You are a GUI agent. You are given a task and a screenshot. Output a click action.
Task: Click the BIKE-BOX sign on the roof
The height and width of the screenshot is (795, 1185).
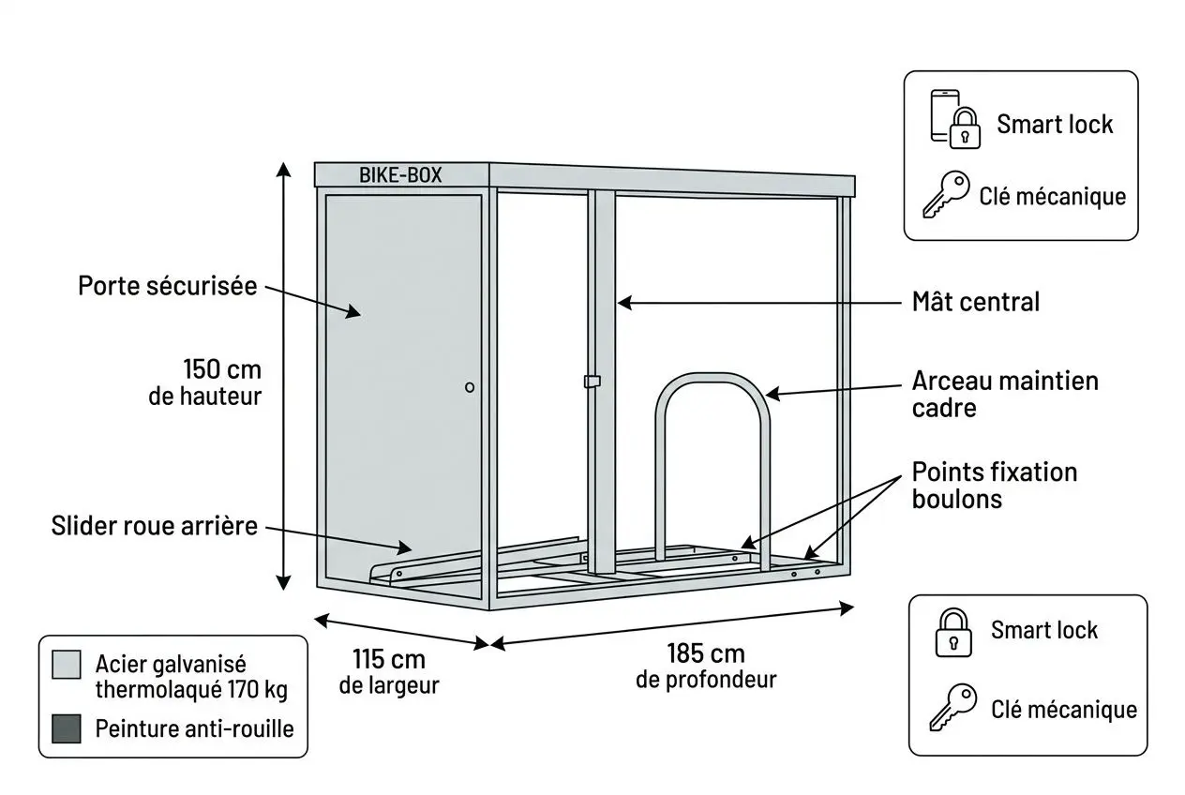(400, 175)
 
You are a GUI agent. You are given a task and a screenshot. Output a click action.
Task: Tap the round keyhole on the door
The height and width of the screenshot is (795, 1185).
(470, 387)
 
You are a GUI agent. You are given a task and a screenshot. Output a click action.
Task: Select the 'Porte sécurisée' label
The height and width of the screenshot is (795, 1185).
(167, 286)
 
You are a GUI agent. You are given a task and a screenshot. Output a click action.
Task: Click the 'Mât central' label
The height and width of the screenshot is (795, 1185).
(976, 302)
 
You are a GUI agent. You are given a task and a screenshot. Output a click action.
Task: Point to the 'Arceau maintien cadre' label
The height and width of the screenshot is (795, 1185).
(1004, 395)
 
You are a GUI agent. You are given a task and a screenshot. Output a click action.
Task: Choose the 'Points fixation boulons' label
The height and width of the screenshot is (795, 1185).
(994, 485)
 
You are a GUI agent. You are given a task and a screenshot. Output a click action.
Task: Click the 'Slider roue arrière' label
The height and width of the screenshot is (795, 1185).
(154, 526)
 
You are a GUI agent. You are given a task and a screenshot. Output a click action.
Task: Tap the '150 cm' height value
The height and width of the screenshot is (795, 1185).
(222, 368)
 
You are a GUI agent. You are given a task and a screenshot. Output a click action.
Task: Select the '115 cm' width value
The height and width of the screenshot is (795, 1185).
(388, 659)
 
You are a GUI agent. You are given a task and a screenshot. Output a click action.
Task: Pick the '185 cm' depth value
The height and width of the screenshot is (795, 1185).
(706, 653)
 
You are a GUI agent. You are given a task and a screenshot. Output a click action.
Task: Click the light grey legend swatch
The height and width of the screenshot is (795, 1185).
(67, 665)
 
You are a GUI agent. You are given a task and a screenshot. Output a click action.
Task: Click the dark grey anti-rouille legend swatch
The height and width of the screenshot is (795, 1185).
(67, 727)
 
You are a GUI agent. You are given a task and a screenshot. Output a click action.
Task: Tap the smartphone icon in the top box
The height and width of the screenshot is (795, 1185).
(943, 114)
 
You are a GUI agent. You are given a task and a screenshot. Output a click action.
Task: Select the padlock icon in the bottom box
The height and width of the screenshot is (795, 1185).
(952, 632)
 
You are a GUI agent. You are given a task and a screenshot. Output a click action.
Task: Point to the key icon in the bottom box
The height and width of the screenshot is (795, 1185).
(952, 707)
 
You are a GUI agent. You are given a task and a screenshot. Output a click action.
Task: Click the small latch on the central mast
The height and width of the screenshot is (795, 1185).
(592, 381)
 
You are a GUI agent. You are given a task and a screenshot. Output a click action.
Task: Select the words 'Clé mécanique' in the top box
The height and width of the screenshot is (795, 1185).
(1052, 197)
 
